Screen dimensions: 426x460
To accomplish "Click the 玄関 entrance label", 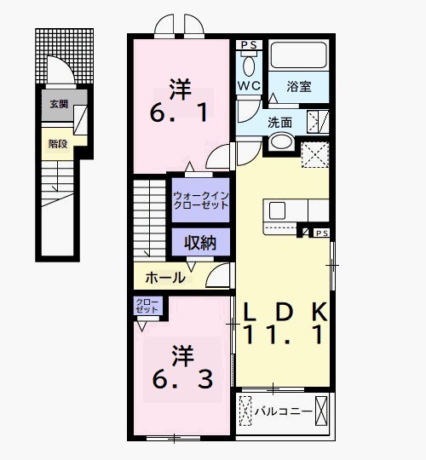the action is point(59,104).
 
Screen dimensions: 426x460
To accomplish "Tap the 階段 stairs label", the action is point(58,144).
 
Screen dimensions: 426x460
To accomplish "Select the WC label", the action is point(249,86).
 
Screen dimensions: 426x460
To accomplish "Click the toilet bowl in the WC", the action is point(249,67).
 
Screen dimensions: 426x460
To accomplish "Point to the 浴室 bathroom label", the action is point(299,87).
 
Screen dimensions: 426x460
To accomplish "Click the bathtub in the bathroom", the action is point(299,55).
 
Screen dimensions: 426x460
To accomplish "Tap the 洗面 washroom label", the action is point(280,123).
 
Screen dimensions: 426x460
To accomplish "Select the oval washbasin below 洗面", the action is point(282,141).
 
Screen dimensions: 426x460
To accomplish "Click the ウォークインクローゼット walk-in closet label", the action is point(201,200).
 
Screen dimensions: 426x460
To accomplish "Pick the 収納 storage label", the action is point(200,243).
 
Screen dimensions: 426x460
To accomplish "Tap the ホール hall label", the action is point(165,278).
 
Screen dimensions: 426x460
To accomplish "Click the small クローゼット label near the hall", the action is point(147,306).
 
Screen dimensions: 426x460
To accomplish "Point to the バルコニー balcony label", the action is point(284,411).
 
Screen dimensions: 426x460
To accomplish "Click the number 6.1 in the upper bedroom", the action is point(178,112).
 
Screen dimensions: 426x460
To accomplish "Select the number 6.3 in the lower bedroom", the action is point(182,379).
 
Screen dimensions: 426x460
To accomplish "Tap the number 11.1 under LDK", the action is point(284,335).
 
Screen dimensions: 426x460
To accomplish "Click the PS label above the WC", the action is point(249,45).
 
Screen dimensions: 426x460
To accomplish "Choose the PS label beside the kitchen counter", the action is point(322,233).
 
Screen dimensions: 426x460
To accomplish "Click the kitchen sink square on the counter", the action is point(277,210).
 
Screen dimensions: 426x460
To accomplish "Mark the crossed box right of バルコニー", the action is point(321,411).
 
